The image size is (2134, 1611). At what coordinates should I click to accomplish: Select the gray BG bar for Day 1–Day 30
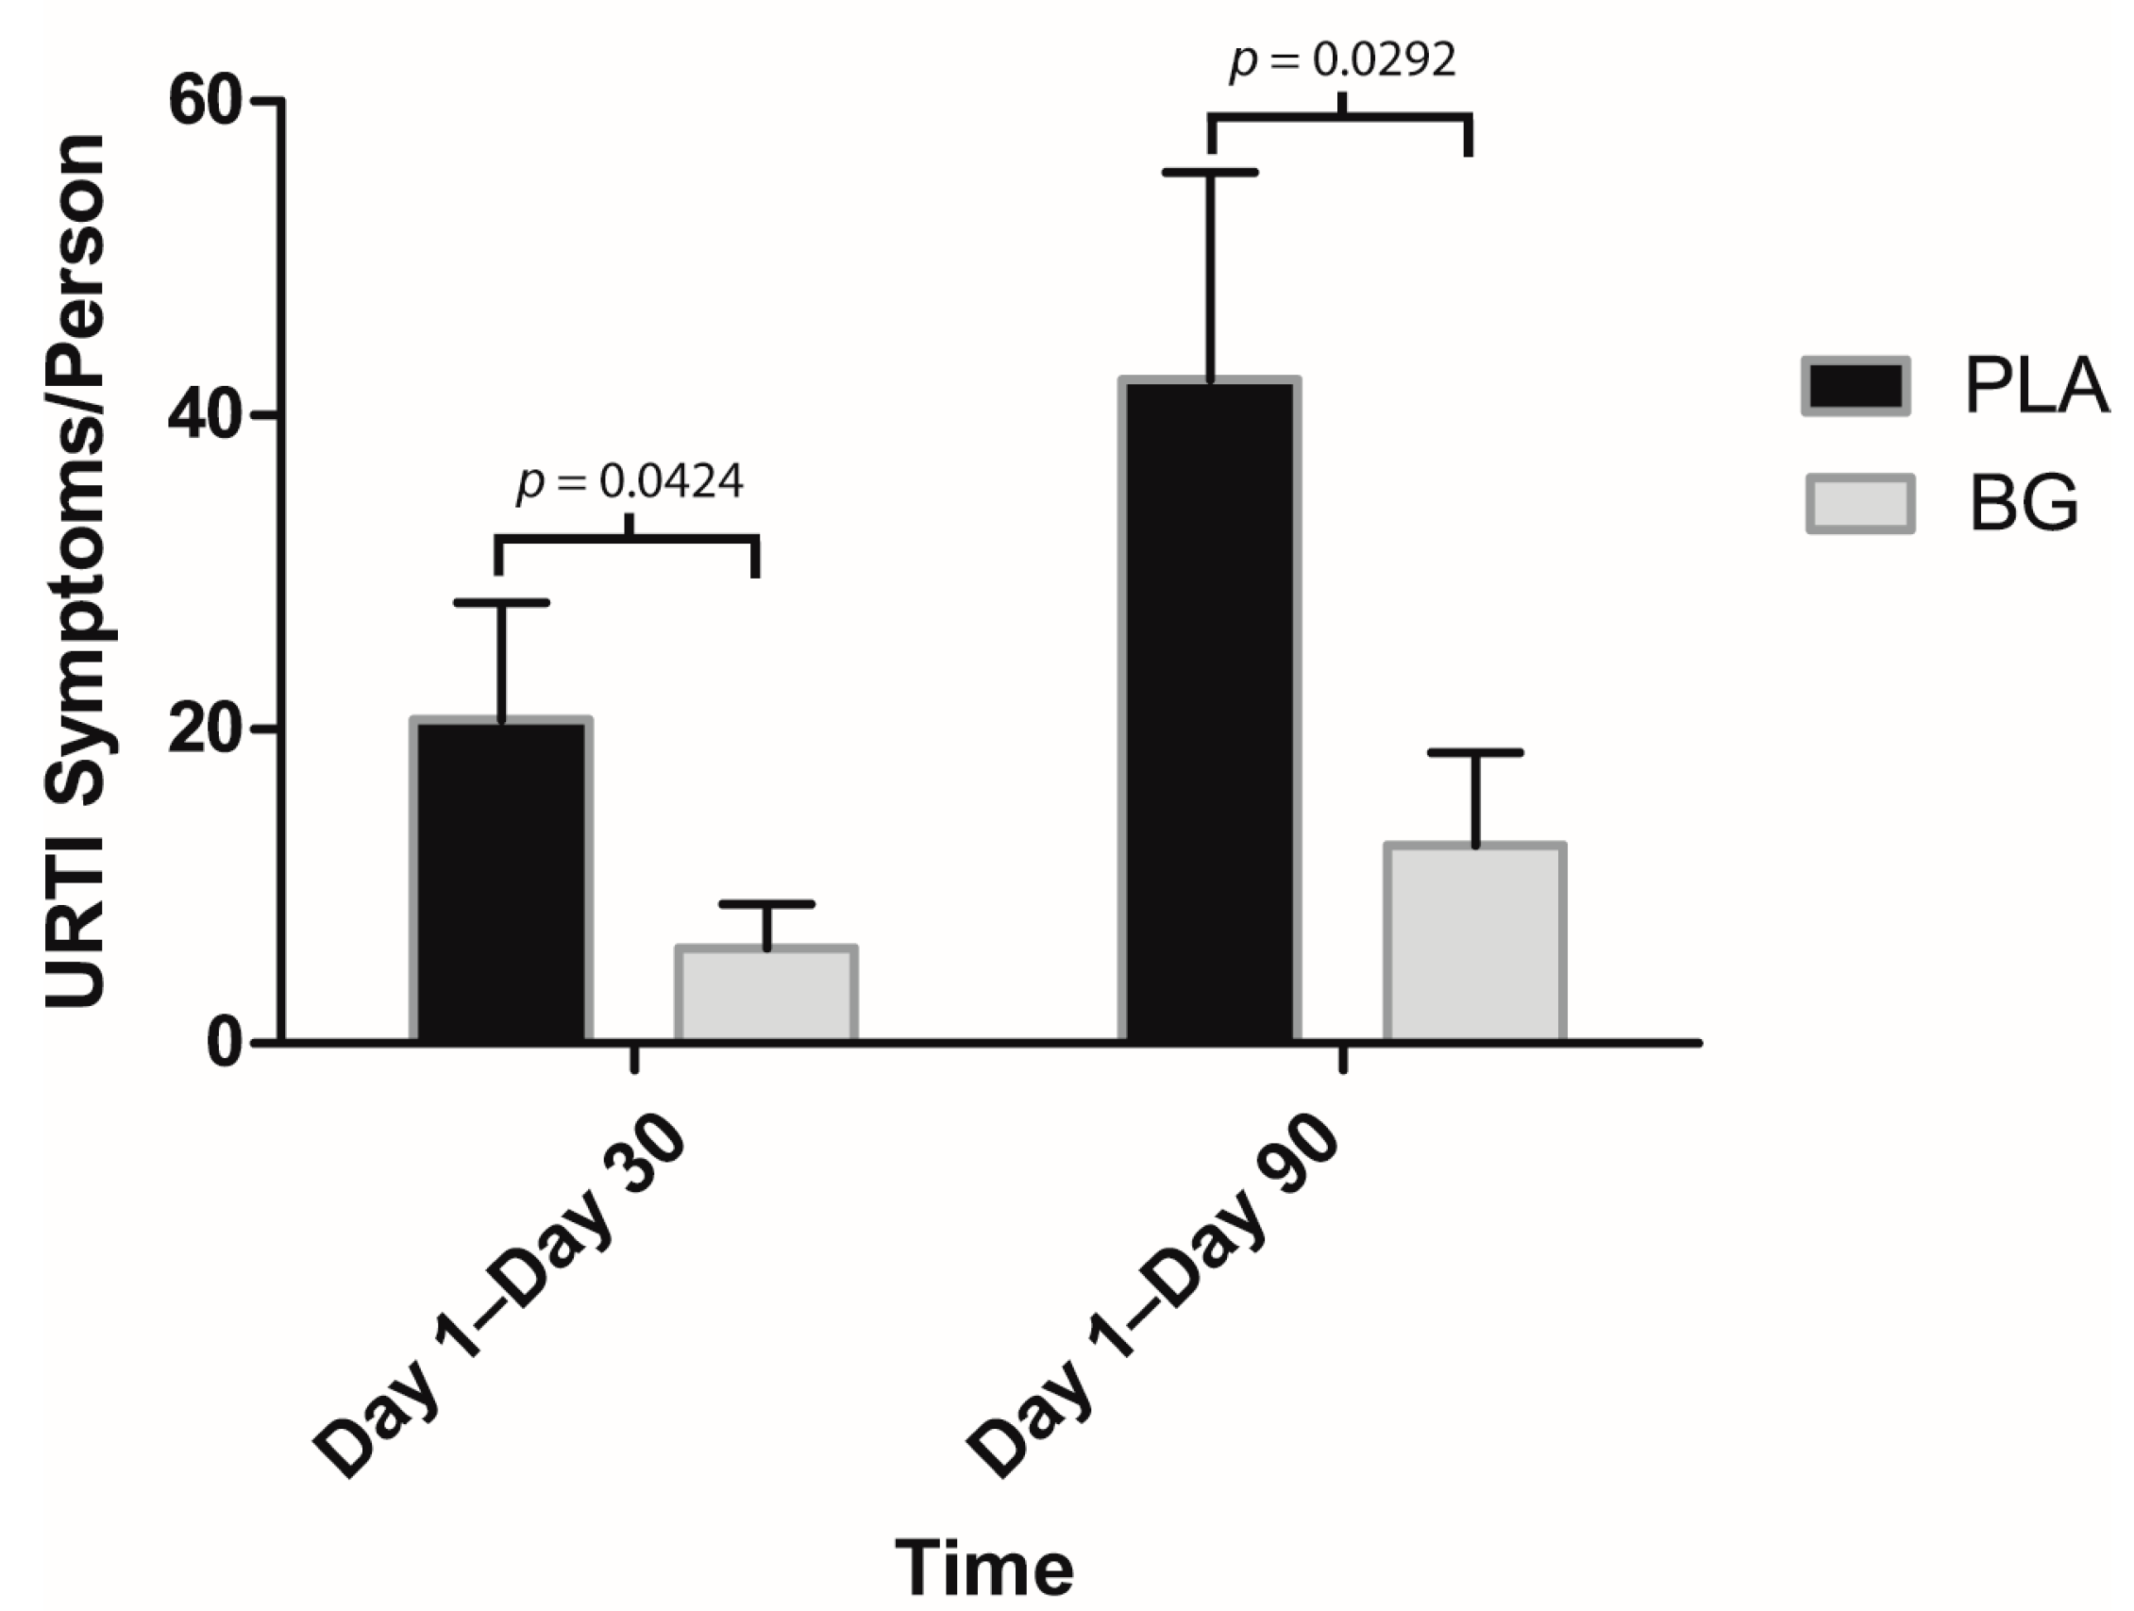[766, 994]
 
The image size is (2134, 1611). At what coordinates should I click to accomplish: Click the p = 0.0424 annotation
[630, 481]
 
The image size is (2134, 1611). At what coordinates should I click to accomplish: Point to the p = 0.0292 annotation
[1342, 60]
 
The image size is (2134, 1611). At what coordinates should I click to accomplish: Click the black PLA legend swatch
[1856, 387]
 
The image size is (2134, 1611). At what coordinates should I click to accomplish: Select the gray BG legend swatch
[1859, 504]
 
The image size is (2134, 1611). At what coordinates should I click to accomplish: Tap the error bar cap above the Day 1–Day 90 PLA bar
[1210, 173]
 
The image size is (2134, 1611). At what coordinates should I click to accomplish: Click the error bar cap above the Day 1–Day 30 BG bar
[766, 904]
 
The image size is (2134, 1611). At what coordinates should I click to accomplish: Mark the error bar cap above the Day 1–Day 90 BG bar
[1475, 752]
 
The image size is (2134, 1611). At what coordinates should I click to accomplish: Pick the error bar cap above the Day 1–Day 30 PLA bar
[500, 603]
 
